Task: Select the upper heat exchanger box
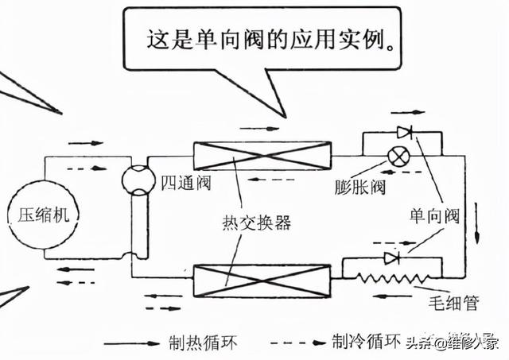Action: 262,157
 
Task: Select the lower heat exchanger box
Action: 262,277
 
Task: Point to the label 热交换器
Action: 256,223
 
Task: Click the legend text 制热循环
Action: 204,343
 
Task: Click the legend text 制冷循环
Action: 363,343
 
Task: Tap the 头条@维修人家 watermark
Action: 453,343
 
